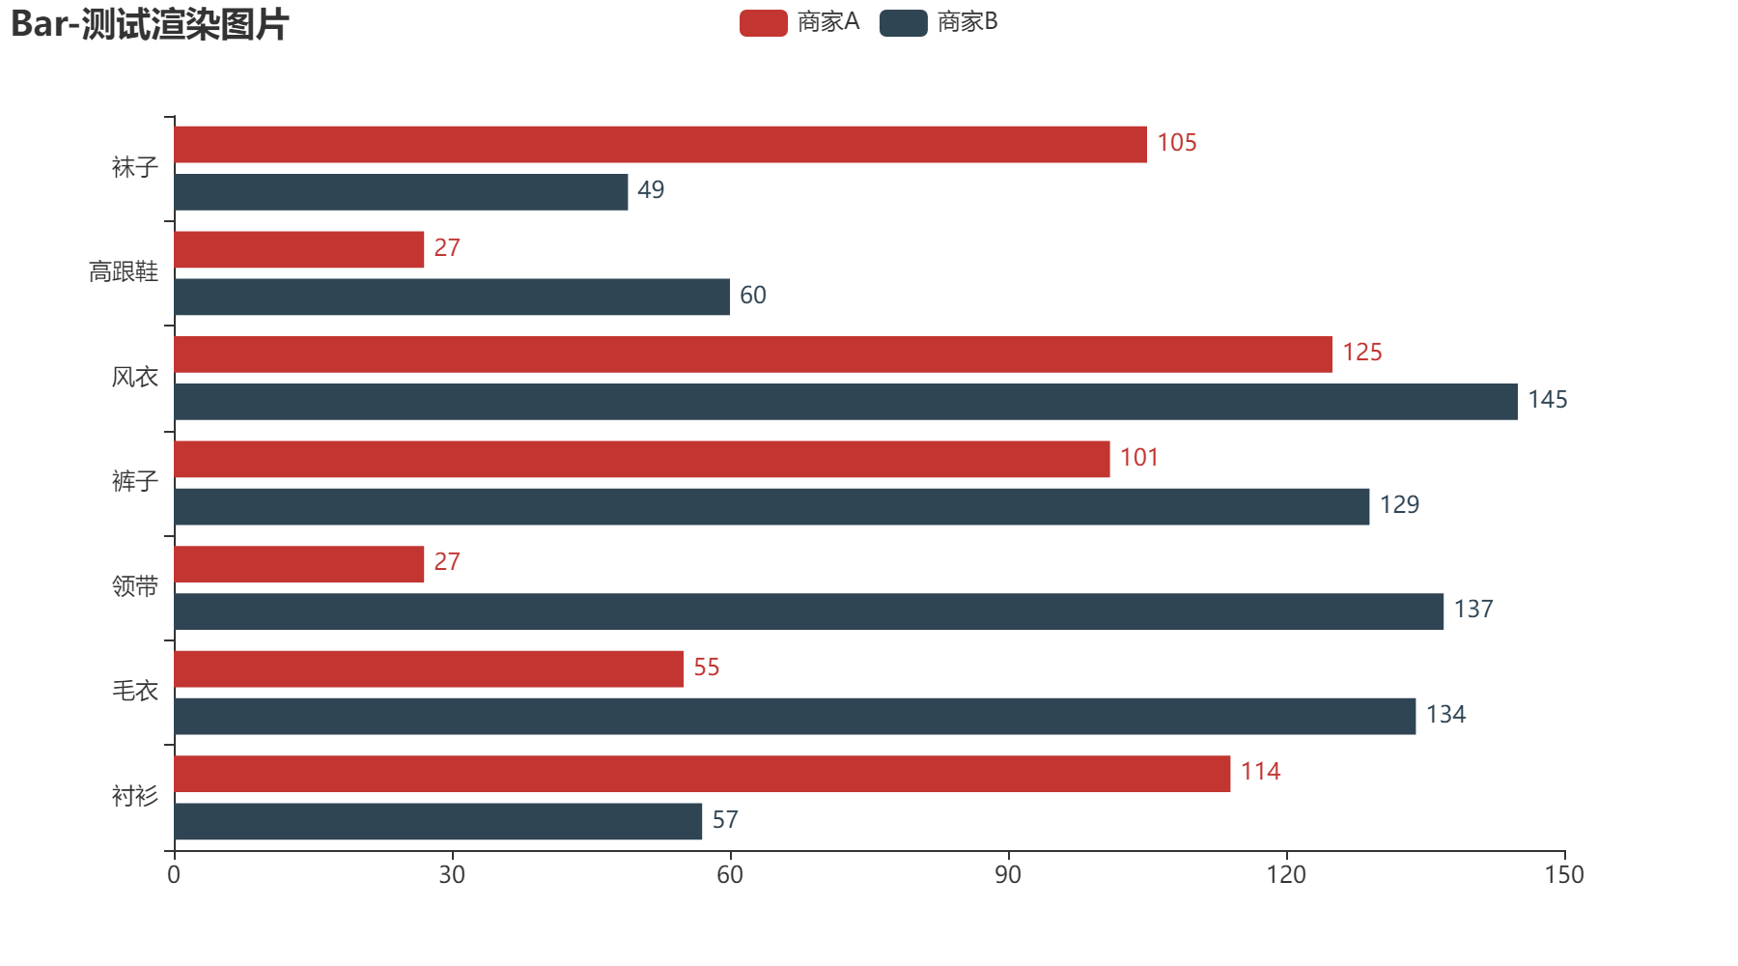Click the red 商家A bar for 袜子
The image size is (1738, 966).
(x=660, y=144)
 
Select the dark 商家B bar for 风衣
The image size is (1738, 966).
(x=846, y=402)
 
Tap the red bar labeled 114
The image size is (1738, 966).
(x=702, y=774)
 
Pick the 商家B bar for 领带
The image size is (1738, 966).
(x=809, y=611)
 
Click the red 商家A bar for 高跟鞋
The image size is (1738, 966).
(x=299, y=249)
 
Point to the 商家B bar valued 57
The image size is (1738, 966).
(x=438, y=821)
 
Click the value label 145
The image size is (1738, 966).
(x=1547, y=400)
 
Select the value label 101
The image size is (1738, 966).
(x=1138, y=458)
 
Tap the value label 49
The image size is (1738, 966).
(x=651, y=190)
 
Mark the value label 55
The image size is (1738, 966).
(x=706, y=668)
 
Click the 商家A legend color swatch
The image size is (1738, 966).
(x=763, y=23)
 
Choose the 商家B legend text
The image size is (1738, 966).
(x=967, y=22)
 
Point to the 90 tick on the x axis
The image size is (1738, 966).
(x=1008, y=875)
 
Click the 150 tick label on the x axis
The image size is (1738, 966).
(x=1564, y=875)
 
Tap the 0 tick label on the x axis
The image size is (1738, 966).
(x=174, y=875)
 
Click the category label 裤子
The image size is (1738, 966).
(x=134, y=481)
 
